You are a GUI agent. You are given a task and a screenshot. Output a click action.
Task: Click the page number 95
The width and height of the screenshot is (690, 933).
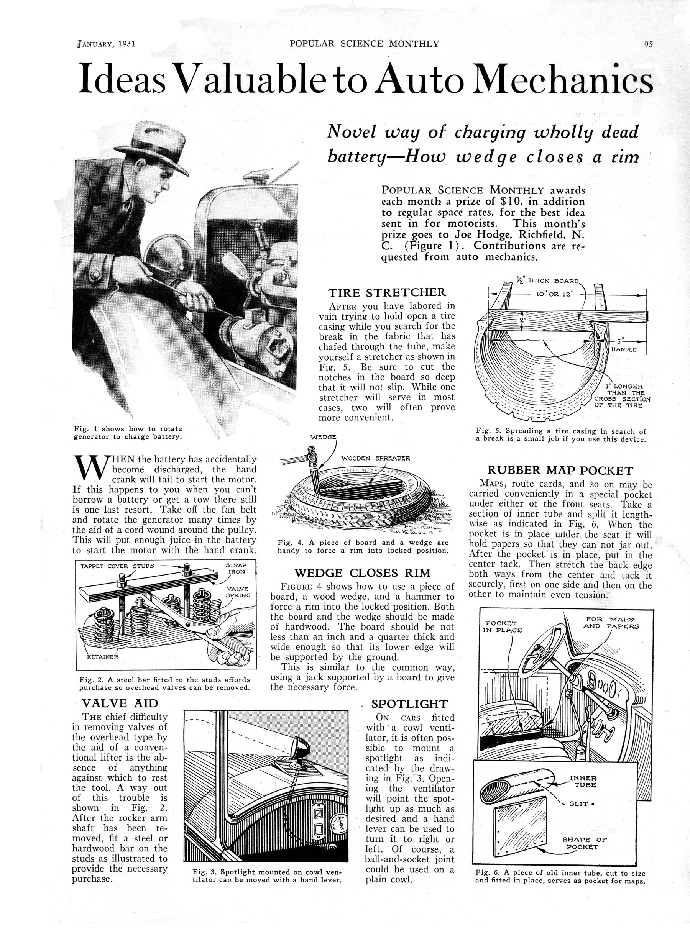point(648,44)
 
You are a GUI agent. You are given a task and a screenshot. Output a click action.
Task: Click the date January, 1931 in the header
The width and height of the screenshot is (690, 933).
point(106,44)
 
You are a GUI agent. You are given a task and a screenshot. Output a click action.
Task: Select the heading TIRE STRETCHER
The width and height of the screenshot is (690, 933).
point(387,293)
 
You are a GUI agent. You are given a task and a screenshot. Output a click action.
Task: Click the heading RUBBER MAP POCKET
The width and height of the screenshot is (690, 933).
point(560,471)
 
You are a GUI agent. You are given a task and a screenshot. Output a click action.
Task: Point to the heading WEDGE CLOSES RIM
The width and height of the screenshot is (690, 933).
point(362,573)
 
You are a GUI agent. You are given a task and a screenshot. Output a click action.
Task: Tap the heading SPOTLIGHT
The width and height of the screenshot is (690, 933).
point(409,704)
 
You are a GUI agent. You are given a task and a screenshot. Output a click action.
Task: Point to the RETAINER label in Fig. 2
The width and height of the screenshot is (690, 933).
point(102,657)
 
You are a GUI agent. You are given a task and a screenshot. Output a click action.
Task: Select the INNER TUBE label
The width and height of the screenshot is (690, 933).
point(583,782)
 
